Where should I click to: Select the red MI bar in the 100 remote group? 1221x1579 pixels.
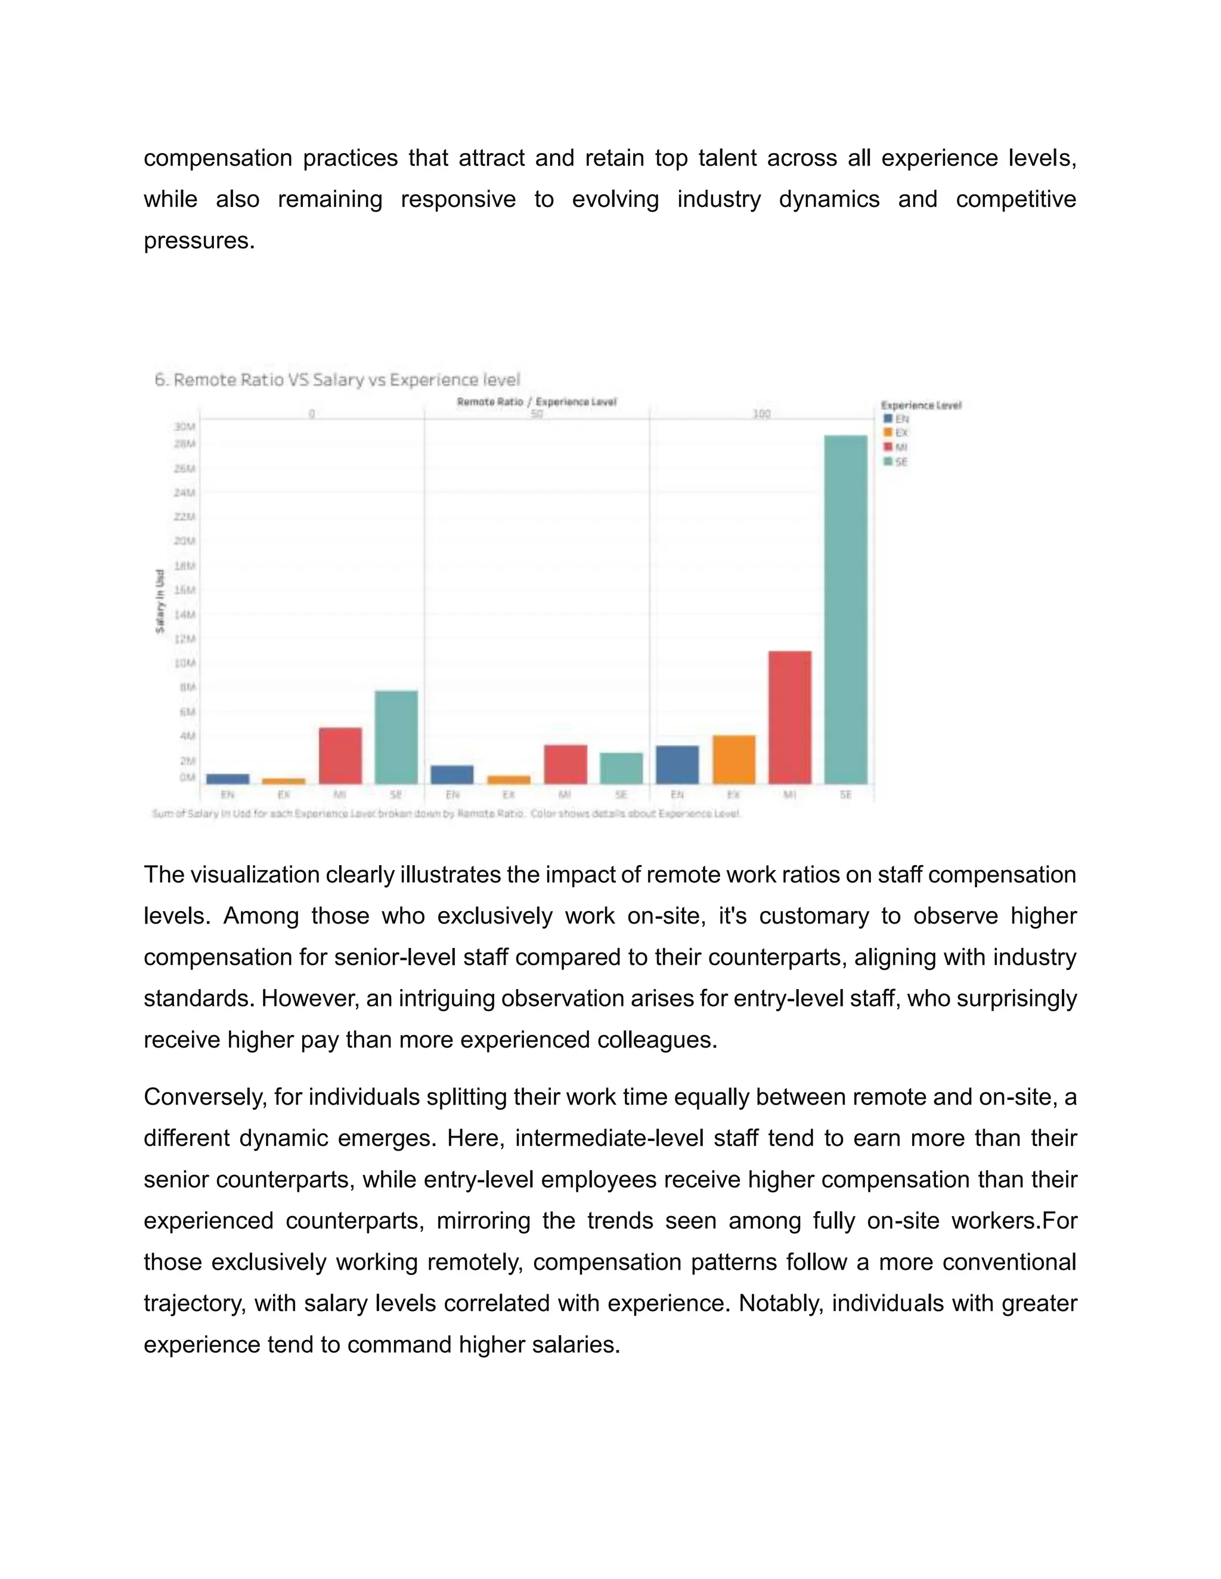point(789,716)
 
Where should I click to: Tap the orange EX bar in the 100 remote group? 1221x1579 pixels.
point(733,759)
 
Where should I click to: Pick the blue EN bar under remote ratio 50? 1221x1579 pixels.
point(452,775)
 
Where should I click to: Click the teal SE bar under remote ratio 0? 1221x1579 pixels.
point(396,736)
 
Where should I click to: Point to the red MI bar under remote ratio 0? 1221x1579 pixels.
point(340,755)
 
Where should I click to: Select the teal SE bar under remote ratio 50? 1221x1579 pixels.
point(621,768)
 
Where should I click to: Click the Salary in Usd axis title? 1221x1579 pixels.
point(160,601)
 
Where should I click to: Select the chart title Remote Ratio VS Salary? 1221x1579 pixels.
point(337,380)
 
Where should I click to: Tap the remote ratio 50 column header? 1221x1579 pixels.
point(536,414)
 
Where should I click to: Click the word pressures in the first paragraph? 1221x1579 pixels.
point(199,241)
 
